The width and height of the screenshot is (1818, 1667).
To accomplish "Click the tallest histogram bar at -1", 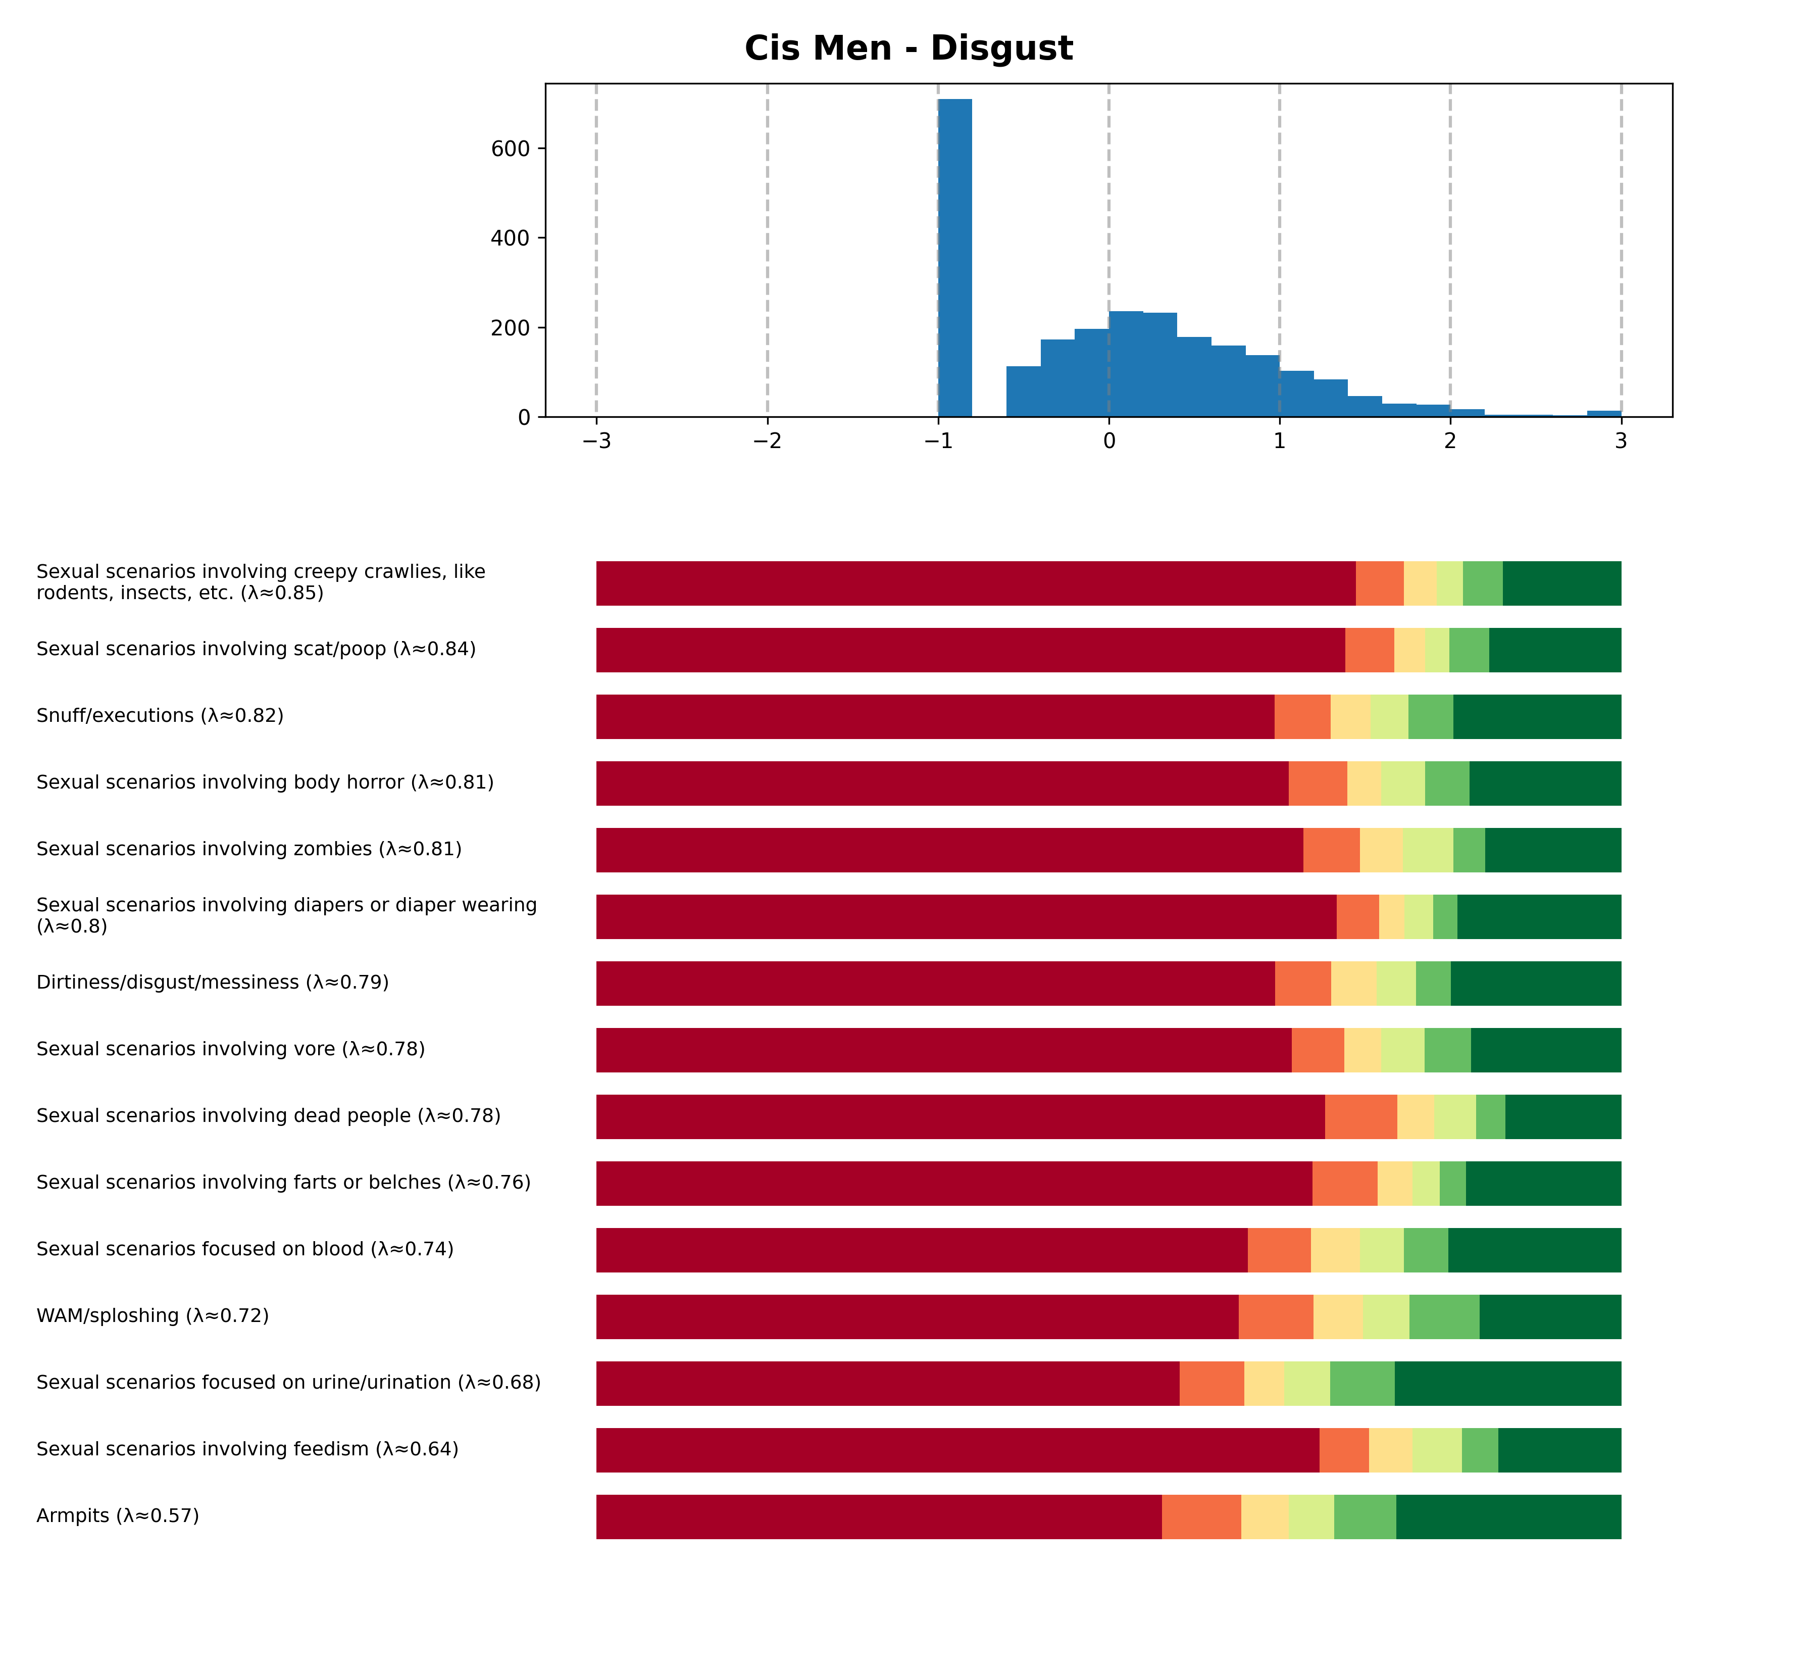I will [955, 257].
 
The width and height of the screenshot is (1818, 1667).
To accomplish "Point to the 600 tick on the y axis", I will [511, 149].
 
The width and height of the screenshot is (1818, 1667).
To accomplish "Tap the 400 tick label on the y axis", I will [511, 238].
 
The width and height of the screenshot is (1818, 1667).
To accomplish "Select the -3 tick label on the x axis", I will [596, 441].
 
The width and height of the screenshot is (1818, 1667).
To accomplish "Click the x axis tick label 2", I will [1450, 441].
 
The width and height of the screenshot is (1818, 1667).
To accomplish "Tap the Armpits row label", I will [117, 1515].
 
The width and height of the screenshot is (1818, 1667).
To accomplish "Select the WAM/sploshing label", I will [153, 1316].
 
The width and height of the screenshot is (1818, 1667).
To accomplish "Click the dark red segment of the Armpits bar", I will [879, 1517].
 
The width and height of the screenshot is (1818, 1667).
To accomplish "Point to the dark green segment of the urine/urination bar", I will [1508, 1384].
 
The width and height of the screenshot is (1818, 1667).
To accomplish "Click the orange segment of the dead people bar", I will [1361, 1117].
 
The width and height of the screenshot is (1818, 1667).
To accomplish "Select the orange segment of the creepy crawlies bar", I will [1380, 583].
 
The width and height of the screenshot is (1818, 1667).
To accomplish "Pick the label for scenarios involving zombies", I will [249, 849].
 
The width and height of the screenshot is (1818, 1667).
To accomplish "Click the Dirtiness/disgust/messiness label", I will [213, 983].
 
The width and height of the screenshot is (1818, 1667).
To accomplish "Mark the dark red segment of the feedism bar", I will [957, 1450].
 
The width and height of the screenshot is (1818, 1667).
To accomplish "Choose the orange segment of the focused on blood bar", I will [1279, 1250].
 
